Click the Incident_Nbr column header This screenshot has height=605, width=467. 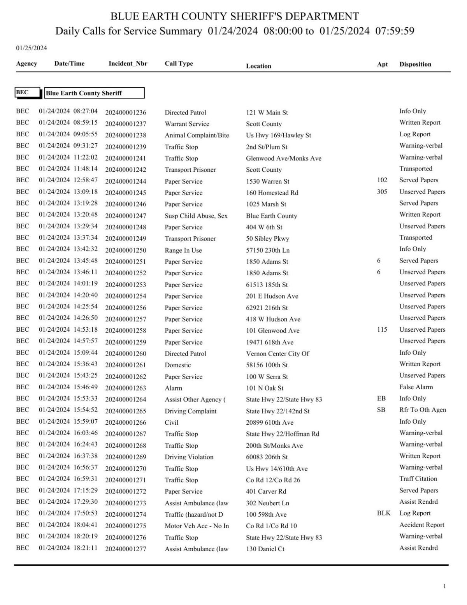pyautogui.click(x=128, y=63)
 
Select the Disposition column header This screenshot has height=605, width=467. pyautogui.click(x=415, y=64)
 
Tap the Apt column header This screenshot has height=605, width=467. pyautogui.click(x=382, y=64)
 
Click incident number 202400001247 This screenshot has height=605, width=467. pyautogui.click(x=126, y=216)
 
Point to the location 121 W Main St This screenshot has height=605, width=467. pyautogui.click(x=267, y=113)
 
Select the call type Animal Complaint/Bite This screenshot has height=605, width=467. pyautogui.click(x=197, y=135)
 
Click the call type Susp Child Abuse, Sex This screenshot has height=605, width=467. pyautogui.click(x=196, y=216)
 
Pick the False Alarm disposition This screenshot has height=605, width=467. pyautogui.click(x=416, y=387)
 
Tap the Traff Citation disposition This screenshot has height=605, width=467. pyautogui.click(x=418, y=478)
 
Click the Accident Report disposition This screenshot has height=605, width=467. pyautogui.click(x=421, y=525)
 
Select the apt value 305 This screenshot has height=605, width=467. pyautogui.click(x=382, y=192)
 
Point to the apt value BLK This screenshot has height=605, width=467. pyautogui.click(x=383, y=513)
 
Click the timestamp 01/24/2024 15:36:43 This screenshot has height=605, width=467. pyautogui.click(x=68, y=364)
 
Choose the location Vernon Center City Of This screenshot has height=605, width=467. pyautogui.click(x=277, y=354)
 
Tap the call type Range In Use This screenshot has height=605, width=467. pyautogui.click(x=183, y=250)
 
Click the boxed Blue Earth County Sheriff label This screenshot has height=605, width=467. pyautogui.click(x=94, y=93)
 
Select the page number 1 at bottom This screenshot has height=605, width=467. pyautogui.click(x=444, y=586)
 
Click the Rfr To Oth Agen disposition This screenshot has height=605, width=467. pyautogui.click(x=422, y=410)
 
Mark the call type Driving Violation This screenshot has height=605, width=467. pyautogui.click(x=189, y=457)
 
